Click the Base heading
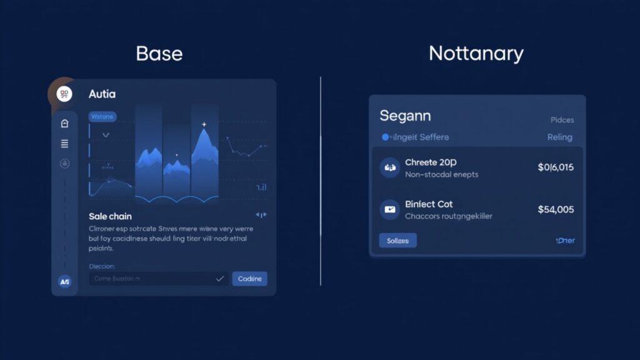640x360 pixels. coord(159,53)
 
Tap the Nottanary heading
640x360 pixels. coord(476,53)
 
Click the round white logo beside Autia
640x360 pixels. coord(64,94)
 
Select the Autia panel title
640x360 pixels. coord(102,94)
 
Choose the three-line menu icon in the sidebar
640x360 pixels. coord(64,144)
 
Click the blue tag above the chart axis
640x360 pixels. coord(102,116)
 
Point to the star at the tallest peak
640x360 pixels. coord(204,125)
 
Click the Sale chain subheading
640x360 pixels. coord(110,216)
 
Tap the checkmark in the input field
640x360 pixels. coord(219,279)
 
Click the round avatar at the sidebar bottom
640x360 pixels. coord(64,282)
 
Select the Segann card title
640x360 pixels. coord(405,116)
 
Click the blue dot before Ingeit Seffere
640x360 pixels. coord(385,137)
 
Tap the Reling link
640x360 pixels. coord(559,137)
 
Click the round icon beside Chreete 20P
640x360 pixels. coord(389,167)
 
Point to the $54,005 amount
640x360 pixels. coord(556,209)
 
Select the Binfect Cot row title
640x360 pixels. coord(429,204)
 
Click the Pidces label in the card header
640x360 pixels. coord(562,119)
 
